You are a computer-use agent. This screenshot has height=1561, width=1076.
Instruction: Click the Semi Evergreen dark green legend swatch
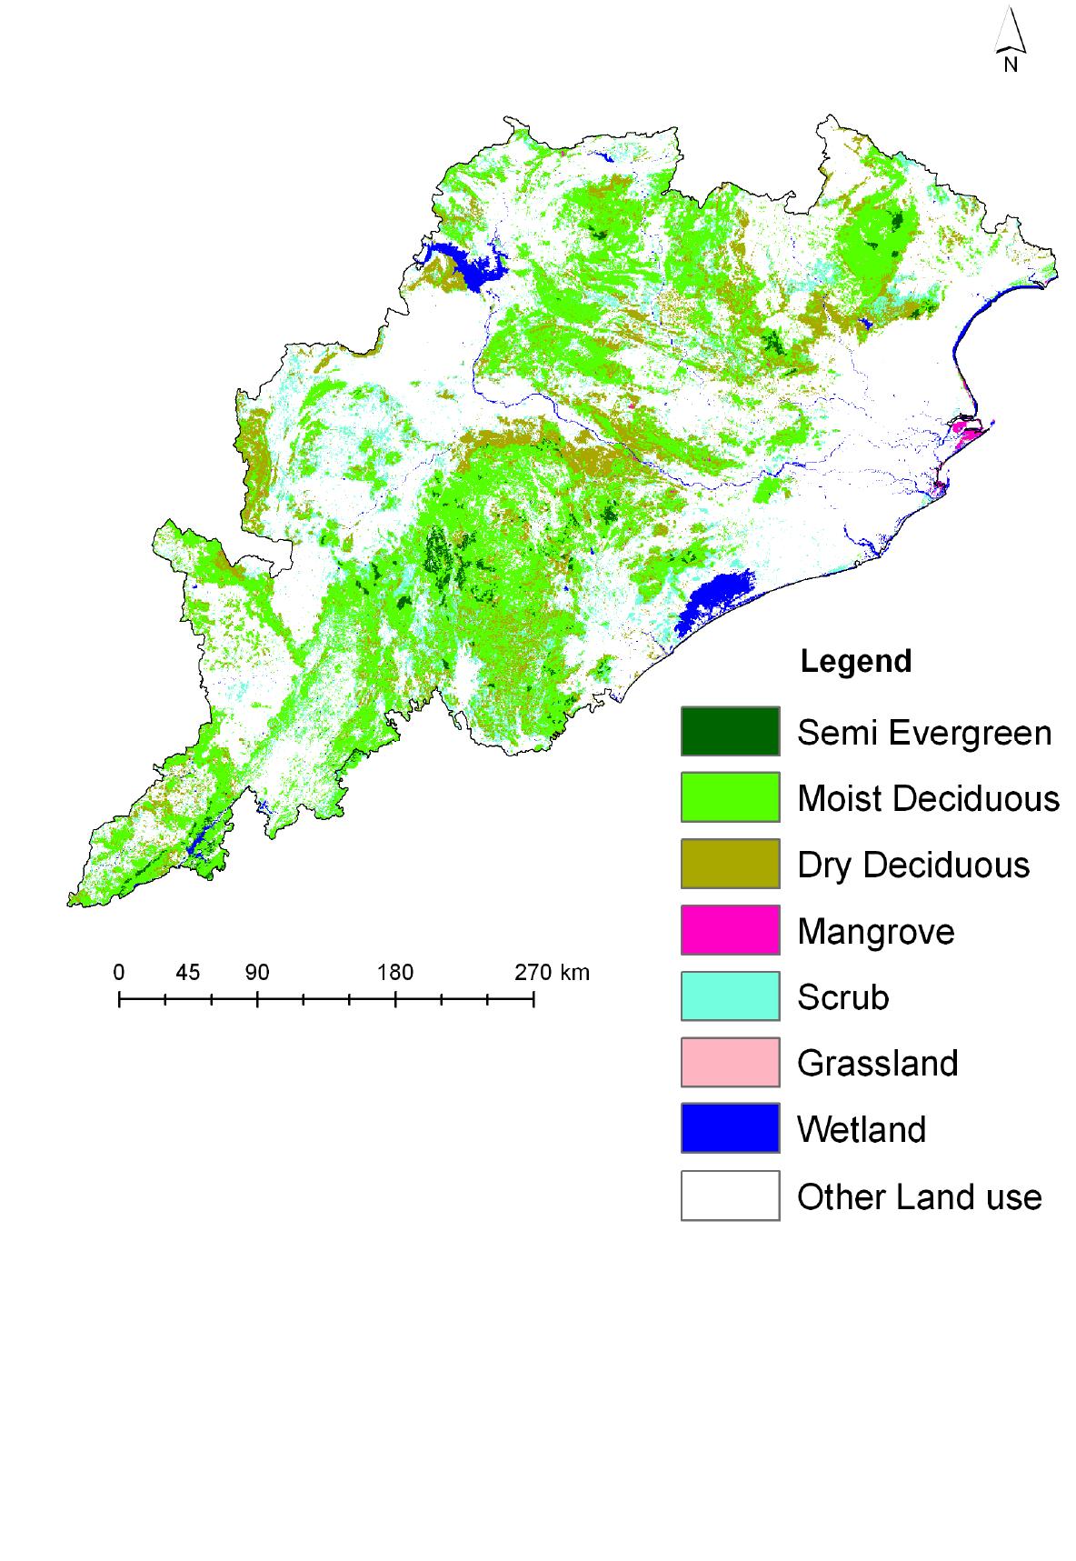(x=730, y=731)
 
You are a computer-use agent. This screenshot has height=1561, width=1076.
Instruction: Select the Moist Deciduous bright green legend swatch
(x=730, y=797)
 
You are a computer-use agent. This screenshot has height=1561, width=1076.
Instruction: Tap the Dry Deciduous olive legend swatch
(x=730, y=864)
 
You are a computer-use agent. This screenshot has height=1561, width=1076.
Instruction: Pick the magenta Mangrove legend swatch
(x=730, y=930)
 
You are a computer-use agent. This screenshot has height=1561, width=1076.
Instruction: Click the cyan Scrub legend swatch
(x=730, y=996)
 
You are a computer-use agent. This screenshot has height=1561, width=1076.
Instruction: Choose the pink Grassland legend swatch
(x=730, y=1062)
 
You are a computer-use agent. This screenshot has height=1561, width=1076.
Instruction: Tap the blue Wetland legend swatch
(x=730, y=1128)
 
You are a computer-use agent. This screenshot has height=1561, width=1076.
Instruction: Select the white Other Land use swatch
(x=730, y=1195)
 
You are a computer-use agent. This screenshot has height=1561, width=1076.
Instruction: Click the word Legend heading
(x=855, y=661)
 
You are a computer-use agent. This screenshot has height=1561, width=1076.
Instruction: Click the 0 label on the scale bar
(x=119, y=973)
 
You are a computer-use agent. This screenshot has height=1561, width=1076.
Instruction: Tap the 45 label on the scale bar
(x=187, y=973)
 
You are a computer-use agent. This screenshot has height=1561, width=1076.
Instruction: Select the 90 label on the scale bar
(x=257, y=973)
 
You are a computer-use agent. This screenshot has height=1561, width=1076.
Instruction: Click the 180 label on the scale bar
(x=395, y=973)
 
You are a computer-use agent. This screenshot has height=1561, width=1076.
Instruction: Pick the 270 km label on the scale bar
(x=552, y=973)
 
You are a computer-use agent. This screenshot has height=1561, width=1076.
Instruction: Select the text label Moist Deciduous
(x=928, y=798)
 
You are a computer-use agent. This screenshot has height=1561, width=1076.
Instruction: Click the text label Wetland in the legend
(x=862, y=1129)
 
